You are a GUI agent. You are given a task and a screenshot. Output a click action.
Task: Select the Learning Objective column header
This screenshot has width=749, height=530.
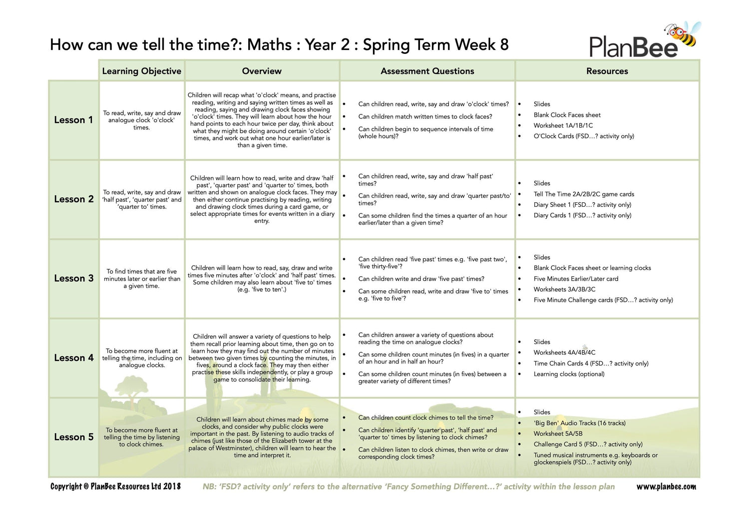point(141,71)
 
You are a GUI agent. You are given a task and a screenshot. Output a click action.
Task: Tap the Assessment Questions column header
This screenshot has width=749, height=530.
point(427,71)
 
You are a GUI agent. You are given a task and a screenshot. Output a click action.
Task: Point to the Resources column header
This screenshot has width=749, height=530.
point(607,71)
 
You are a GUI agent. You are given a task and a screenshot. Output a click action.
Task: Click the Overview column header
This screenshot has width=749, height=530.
point(262,71)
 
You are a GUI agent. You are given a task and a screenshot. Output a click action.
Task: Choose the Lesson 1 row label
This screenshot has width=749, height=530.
point(73,120)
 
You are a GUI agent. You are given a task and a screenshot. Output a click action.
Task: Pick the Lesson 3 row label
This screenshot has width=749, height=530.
point(73,278)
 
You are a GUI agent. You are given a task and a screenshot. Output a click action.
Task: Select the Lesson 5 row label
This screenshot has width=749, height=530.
point(73,437)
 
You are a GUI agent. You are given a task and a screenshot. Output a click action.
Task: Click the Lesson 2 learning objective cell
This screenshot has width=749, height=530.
point(142,199)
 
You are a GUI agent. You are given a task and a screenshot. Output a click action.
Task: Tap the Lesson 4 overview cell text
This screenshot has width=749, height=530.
point(262,358)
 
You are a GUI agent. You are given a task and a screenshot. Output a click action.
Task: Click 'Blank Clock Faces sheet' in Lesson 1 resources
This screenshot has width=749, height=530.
point(567,115)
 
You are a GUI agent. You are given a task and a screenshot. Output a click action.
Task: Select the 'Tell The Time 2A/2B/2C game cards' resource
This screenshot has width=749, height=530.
point(584,194)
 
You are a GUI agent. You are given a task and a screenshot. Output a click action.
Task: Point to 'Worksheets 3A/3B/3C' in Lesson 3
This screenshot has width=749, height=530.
point(564,289)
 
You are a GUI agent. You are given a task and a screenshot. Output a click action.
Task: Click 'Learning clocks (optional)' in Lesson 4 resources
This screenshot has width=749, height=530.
point(569,374)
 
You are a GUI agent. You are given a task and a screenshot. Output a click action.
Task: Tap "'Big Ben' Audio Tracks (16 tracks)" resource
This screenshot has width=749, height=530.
point(579,423)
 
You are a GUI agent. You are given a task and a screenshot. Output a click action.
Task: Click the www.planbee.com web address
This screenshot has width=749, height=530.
point(666,487)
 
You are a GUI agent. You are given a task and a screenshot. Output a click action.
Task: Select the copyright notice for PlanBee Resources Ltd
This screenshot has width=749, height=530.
point(115,487)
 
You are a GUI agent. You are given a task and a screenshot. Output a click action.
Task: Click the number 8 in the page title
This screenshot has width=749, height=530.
point(504,45)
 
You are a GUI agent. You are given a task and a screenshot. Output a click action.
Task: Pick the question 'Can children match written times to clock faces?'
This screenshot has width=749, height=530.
point(425,116)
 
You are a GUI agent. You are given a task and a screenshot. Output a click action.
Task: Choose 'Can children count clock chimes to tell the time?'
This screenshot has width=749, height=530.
point(425,418)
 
